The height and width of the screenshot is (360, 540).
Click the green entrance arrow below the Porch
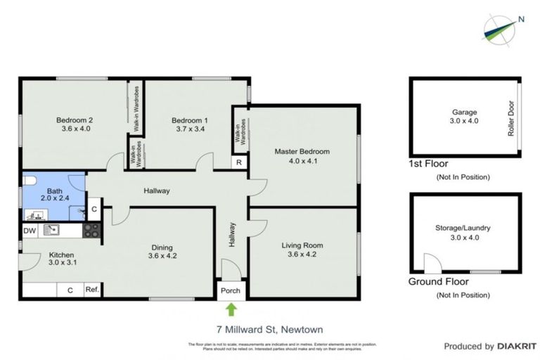231,309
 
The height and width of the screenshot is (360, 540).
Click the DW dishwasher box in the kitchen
30,231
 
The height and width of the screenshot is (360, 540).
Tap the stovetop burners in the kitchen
92,230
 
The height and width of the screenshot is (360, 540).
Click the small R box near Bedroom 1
240,162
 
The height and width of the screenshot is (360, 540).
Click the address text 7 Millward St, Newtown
269,329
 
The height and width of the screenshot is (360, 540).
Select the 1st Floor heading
428,163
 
